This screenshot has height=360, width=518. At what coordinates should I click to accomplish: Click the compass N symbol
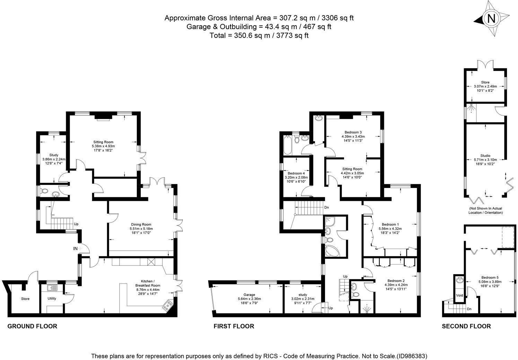(x=491, y=19)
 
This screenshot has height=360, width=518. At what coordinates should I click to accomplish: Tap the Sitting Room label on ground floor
(x=103, y=142)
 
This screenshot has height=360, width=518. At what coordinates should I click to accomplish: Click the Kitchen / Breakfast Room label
(x=150, y=283)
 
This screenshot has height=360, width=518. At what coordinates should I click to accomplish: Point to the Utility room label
(x=52, y=298)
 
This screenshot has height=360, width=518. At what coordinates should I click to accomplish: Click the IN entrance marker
(x=75, y=248)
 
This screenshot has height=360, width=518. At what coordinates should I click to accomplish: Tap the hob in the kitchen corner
(x=167, y=306)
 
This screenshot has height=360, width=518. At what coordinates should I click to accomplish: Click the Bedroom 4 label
(x=296, y=173)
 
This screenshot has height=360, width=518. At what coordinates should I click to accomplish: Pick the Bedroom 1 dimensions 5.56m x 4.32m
(x=391, y=228)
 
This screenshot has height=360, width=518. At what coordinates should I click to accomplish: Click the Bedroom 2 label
(x=396, y=281)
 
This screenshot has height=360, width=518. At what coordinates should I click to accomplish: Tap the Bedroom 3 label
(x=353, y=132)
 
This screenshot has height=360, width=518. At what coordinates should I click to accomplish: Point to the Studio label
(x=485, y=155)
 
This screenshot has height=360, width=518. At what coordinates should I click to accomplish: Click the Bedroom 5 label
(x=490, y=277)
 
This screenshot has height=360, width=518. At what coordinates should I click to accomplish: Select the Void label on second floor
(x=459, y=295)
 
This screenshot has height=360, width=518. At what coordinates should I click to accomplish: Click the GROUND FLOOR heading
(x=32, y=326)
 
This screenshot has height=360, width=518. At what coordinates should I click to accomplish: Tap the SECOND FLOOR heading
(x=466, y=326)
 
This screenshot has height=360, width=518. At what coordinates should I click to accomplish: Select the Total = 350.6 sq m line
(x=259, y=35)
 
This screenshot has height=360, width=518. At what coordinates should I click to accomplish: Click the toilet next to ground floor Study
(x=44, y=191)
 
